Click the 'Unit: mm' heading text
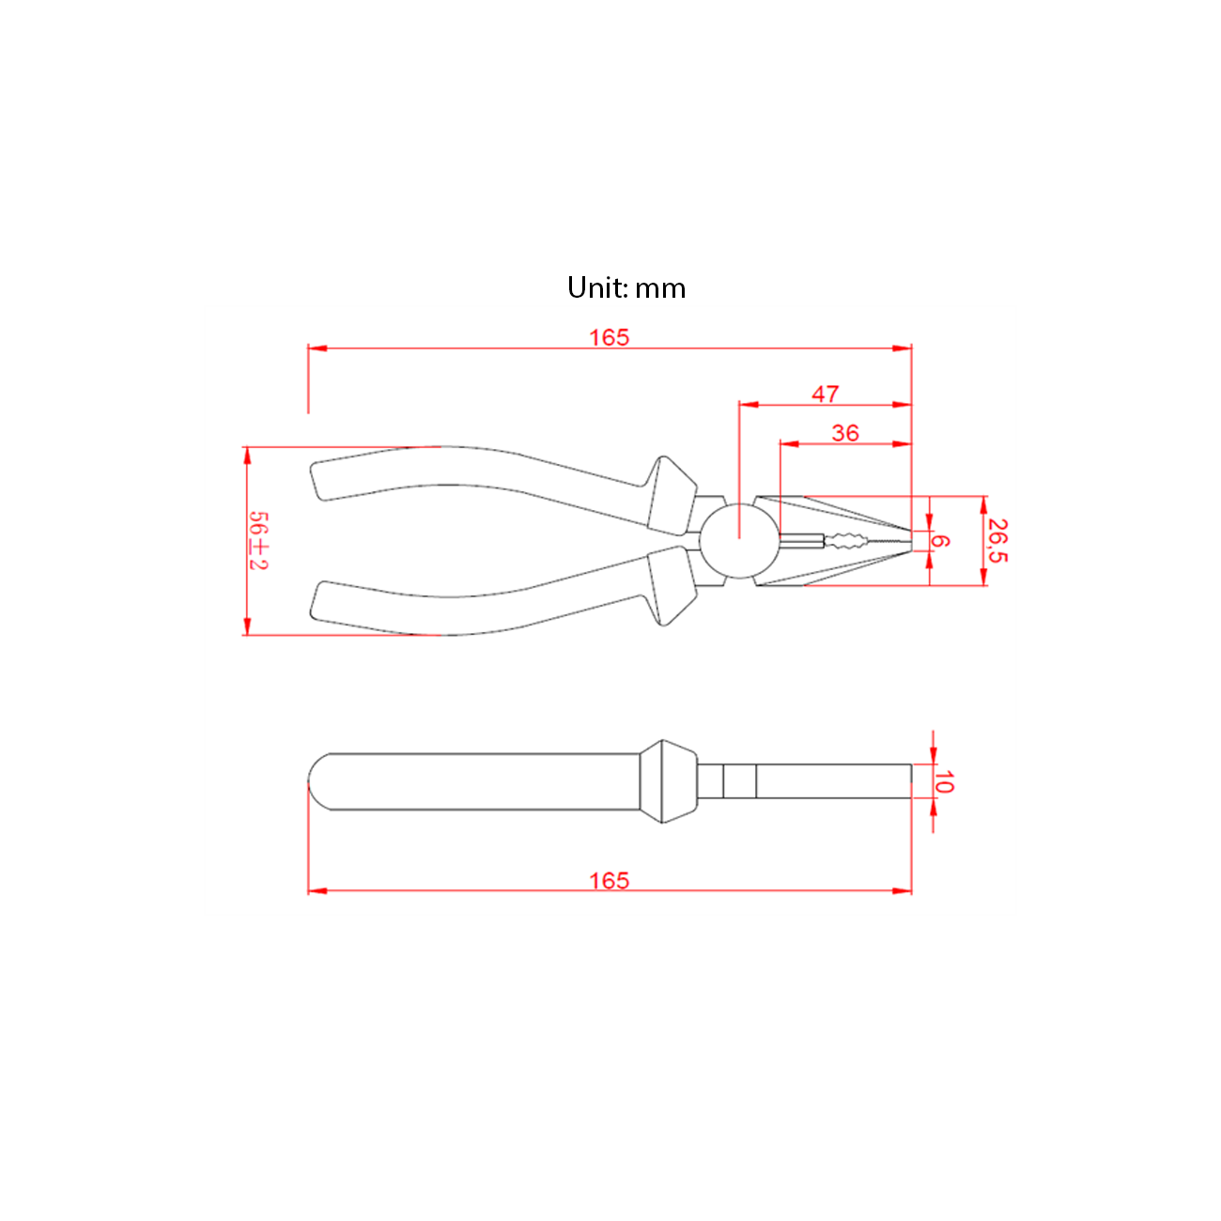point(626,288)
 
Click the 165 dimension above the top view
point(609,338)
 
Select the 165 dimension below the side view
point(609,881)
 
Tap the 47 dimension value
point(825,394)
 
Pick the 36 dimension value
point(845,433)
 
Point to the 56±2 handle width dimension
point(258,540)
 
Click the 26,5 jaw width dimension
point(998,540)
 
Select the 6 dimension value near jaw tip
point(940,541)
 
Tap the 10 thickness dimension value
point(944,781)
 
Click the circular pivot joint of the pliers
point(739,540)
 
